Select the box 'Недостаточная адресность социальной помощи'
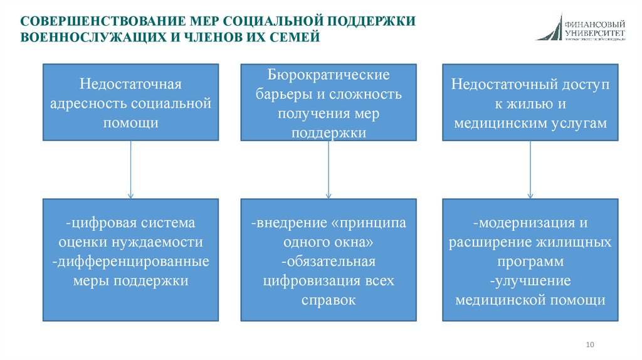click(x=130, y=102)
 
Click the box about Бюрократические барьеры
click(x=329, y=102)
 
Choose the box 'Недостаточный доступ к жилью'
click(x=530, y=102)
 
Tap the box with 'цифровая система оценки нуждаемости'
click(x=130, y=260)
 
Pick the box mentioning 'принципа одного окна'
click(x=329, y=260)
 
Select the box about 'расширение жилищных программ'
click(x=530, y=260)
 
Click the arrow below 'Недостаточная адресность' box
click(x=130, y=169)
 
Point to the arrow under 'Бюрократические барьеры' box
click(x=329, y=169)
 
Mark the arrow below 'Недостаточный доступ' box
click(x=530, y=169)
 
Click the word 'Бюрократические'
click(x=329, y=75)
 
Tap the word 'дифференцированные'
click(x=130, y=261)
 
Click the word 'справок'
click(x=329, y=300)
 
